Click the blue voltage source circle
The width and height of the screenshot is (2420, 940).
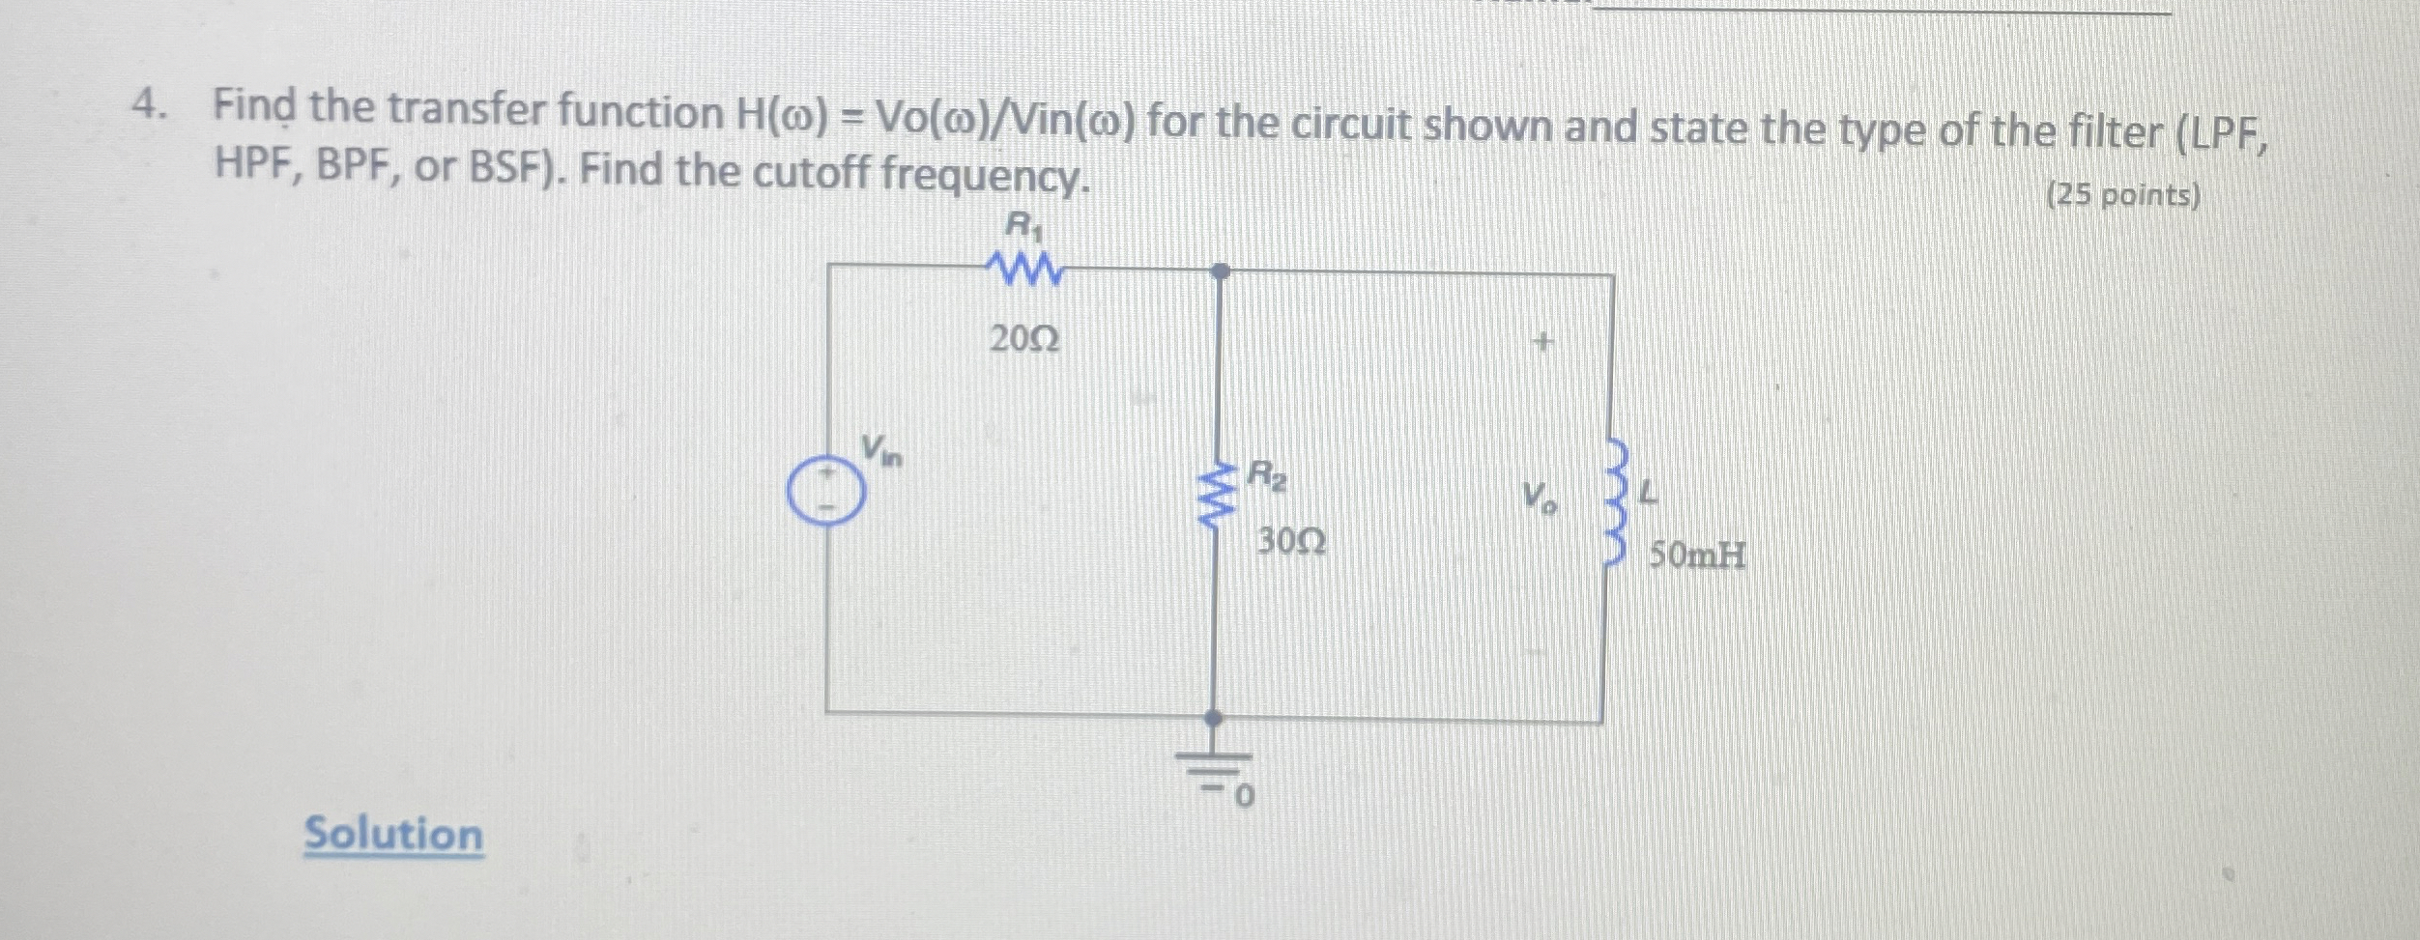824,489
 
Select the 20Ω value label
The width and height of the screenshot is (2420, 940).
1024,339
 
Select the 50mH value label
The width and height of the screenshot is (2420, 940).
1697,555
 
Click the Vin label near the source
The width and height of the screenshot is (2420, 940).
881,449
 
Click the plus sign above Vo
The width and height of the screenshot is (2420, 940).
1543,342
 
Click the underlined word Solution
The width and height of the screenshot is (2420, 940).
393,834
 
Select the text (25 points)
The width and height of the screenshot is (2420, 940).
2123,196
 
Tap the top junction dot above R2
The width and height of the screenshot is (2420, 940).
1221,271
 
